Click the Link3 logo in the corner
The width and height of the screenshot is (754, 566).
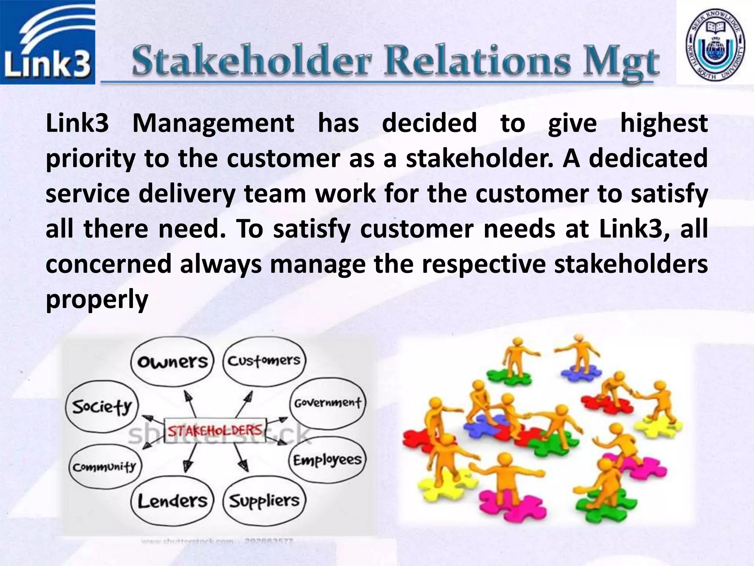pyautogui.click(x=47, y=42)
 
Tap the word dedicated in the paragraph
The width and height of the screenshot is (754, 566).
pyautogui.click(x=648, y=158)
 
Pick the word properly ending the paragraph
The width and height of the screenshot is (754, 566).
pyautogui.click(x=97, y=299)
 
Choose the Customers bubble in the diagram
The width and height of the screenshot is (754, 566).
pyautogui.click(x=264, y=361)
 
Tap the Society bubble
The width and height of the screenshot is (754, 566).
pyautogui.click(x=102, y=406)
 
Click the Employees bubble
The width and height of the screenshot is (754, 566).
pyautogui.click(x=327, y=460)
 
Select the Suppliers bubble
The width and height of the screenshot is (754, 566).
pyautogui.click(x=264, y=500)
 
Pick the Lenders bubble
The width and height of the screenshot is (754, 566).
pyautogui.click(x=172, y=501)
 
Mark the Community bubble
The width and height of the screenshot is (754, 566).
pyautogui.click(x=105, y=467)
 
